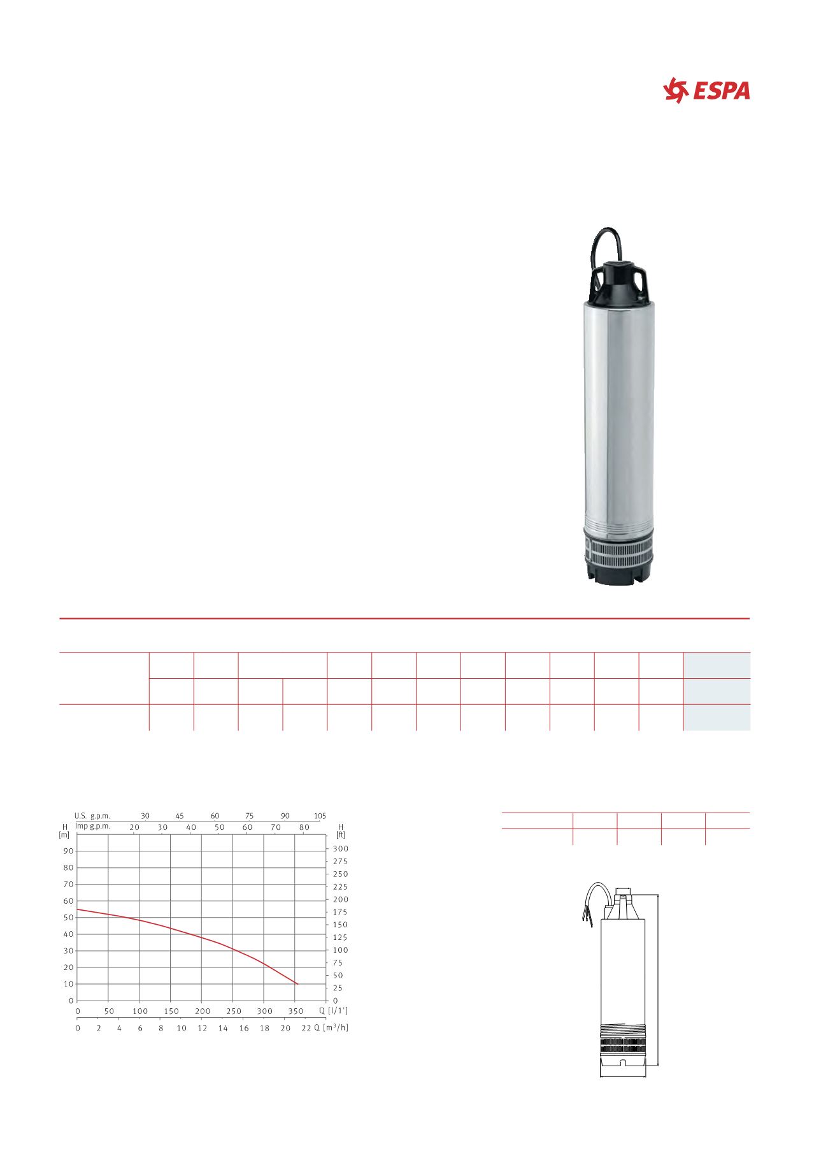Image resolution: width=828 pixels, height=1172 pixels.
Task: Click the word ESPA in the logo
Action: point(722,91)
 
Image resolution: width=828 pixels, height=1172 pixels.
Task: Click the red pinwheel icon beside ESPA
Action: point(676,90)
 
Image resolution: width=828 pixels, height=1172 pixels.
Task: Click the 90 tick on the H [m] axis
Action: point(68,851)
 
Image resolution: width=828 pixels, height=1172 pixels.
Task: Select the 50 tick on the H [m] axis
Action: point(68,918)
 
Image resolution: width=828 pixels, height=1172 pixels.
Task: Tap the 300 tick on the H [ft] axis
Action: point(341,849)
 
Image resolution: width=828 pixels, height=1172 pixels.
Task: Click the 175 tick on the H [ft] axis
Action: point(341,912)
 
